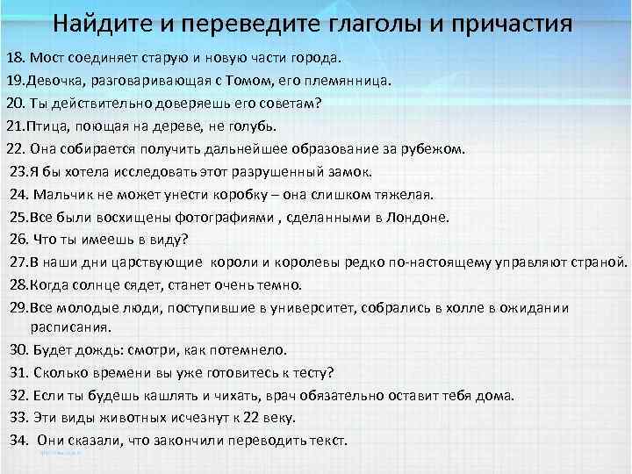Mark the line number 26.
point(18,239)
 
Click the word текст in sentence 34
point(327,440)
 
